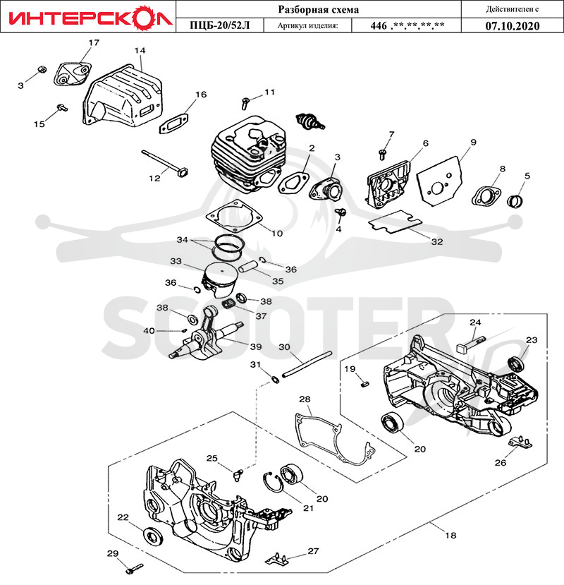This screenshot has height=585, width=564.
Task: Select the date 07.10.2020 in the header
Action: click(513, 25)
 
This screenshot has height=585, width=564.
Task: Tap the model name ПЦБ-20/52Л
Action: click(219, 25)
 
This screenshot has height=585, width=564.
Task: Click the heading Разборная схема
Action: click(319, 9)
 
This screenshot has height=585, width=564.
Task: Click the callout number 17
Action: click(94, 42)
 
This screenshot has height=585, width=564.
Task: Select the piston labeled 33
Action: click(219, 278)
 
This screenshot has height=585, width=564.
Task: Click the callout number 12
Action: click(154, 179)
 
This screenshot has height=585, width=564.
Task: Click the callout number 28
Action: click(305, 399)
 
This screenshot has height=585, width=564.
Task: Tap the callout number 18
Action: click(450, 536)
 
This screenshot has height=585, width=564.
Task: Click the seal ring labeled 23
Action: click(516, 363)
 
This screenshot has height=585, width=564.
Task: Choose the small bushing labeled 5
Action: click(515, 201)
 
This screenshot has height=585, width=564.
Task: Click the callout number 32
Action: click(437, 242)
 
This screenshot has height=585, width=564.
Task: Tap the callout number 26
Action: click(501, 463)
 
